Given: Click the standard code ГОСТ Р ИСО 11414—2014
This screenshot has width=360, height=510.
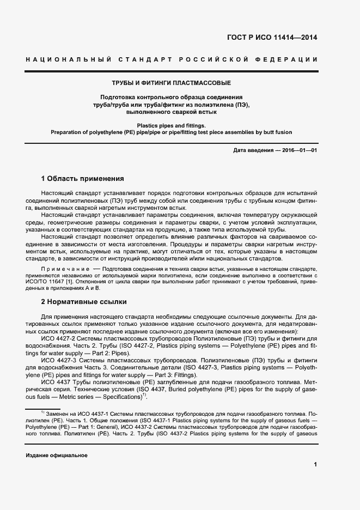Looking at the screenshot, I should tap(271, 38).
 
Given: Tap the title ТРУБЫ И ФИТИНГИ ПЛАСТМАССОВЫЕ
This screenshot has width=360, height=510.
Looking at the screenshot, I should tap(171, 83).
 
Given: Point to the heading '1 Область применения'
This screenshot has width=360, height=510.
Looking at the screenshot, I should tap(83, 178).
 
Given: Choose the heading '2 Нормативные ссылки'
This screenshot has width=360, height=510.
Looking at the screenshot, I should tap(84, 301).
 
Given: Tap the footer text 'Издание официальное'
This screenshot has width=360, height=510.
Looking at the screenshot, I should tap(57, 456).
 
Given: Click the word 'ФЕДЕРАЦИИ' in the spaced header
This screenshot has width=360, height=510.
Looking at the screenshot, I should tap(290, 59).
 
